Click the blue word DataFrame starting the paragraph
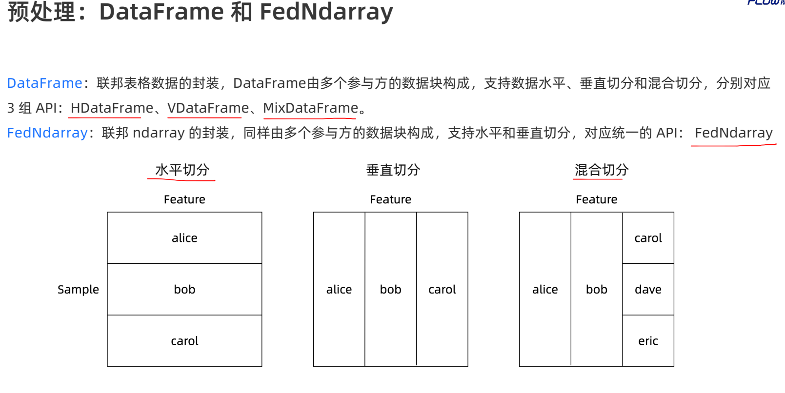pos(44,83)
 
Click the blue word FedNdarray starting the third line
pos(47,133)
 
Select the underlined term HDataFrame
pos(112,108)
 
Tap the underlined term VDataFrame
pos(208,108)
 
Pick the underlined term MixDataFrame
pos(311,108)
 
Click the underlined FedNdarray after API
pos(733,133)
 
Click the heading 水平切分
pos(182,170)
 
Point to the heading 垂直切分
pos(393,170)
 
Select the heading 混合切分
pos(601,170)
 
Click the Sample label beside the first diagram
pos(78,290)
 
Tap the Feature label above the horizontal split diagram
pos(184,199)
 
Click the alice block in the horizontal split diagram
pos(184,238)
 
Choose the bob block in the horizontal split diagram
pos(184,290)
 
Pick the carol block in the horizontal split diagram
pos(184,341)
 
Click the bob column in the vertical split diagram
pos(390,290)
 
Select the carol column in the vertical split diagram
pos(442,290)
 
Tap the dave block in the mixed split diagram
pos(648,290)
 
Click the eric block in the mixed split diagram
pos(648,341)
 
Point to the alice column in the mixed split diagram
pos(545,290)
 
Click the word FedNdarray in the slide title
pos(326,12)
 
